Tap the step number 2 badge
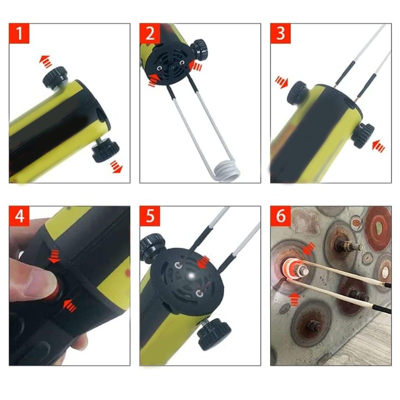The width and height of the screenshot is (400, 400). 150,34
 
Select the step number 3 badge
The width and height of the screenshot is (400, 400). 280,34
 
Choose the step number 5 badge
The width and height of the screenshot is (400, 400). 150,217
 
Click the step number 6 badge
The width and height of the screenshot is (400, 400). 280,217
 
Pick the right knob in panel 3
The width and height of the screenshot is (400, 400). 362,134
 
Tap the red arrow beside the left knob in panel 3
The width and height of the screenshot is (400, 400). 281,82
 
